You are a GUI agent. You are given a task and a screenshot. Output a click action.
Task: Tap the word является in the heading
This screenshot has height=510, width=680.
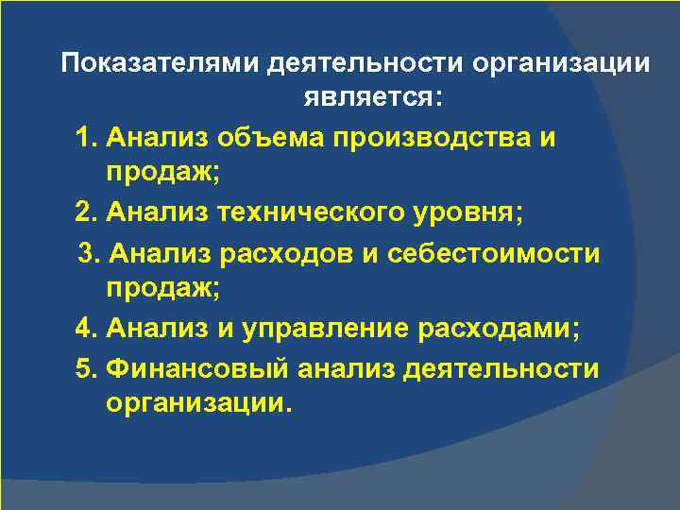tap(364, 98)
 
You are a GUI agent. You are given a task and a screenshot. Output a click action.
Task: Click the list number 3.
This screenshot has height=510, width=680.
tap(89, 254)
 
